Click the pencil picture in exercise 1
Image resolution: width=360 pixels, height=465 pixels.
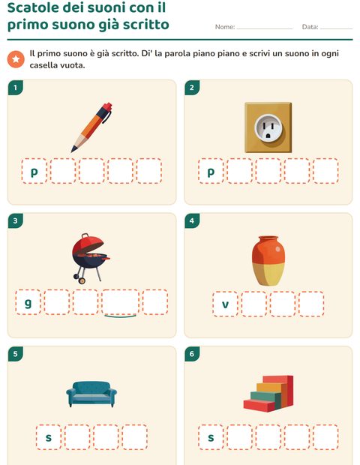[91, 127]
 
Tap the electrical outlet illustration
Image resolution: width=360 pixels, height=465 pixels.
[268, 127]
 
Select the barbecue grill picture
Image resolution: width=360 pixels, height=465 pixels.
[91, 258]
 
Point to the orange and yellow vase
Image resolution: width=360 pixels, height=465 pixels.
[268, 261]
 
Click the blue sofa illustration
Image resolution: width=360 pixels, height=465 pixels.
[91, 394]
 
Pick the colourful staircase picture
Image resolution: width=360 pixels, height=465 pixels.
[268, 394]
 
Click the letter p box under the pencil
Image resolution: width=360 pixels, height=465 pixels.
[34, 171]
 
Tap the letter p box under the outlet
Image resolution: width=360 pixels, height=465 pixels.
[211, 171]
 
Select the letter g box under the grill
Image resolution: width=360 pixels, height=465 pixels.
[28, 302]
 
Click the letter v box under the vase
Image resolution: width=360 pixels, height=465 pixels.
[225, 304]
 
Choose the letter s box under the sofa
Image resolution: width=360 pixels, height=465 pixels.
[49, 437]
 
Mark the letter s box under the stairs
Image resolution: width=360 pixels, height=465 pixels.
[211, 437]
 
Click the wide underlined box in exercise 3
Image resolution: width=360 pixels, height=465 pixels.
[120, 302]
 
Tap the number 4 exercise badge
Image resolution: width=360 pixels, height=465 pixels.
[192, 220]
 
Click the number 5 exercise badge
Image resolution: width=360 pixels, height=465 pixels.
[16, 354]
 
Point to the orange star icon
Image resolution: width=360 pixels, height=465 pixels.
[16, 59]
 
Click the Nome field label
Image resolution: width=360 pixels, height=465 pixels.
[225, 27]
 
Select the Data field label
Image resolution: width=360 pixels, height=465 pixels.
[310, 27]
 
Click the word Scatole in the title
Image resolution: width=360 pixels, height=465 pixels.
[37, 7]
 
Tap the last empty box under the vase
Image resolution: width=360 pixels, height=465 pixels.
[311, 304]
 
